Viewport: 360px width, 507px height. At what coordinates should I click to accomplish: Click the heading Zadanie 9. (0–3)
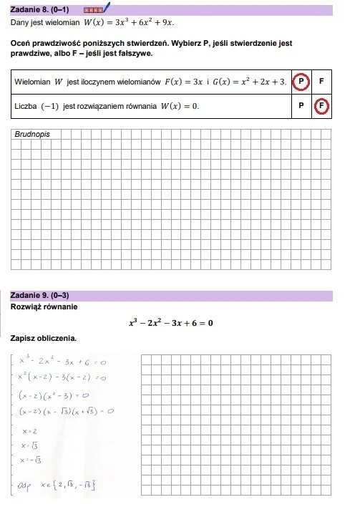40,295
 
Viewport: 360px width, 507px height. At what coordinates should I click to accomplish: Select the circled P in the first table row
301,82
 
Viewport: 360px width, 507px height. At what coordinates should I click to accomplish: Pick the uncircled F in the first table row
322,82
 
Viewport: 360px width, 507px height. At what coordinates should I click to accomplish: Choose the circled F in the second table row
322,107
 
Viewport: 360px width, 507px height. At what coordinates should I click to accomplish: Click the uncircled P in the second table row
301,107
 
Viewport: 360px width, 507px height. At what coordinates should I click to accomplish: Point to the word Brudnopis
32,134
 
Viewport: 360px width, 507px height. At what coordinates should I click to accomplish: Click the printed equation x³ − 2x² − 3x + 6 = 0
170,323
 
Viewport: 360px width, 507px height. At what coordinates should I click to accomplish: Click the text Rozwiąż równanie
44,307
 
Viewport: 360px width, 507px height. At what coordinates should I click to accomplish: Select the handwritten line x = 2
30,432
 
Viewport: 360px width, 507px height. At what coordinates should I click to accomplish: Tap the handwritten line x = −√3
34,460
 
